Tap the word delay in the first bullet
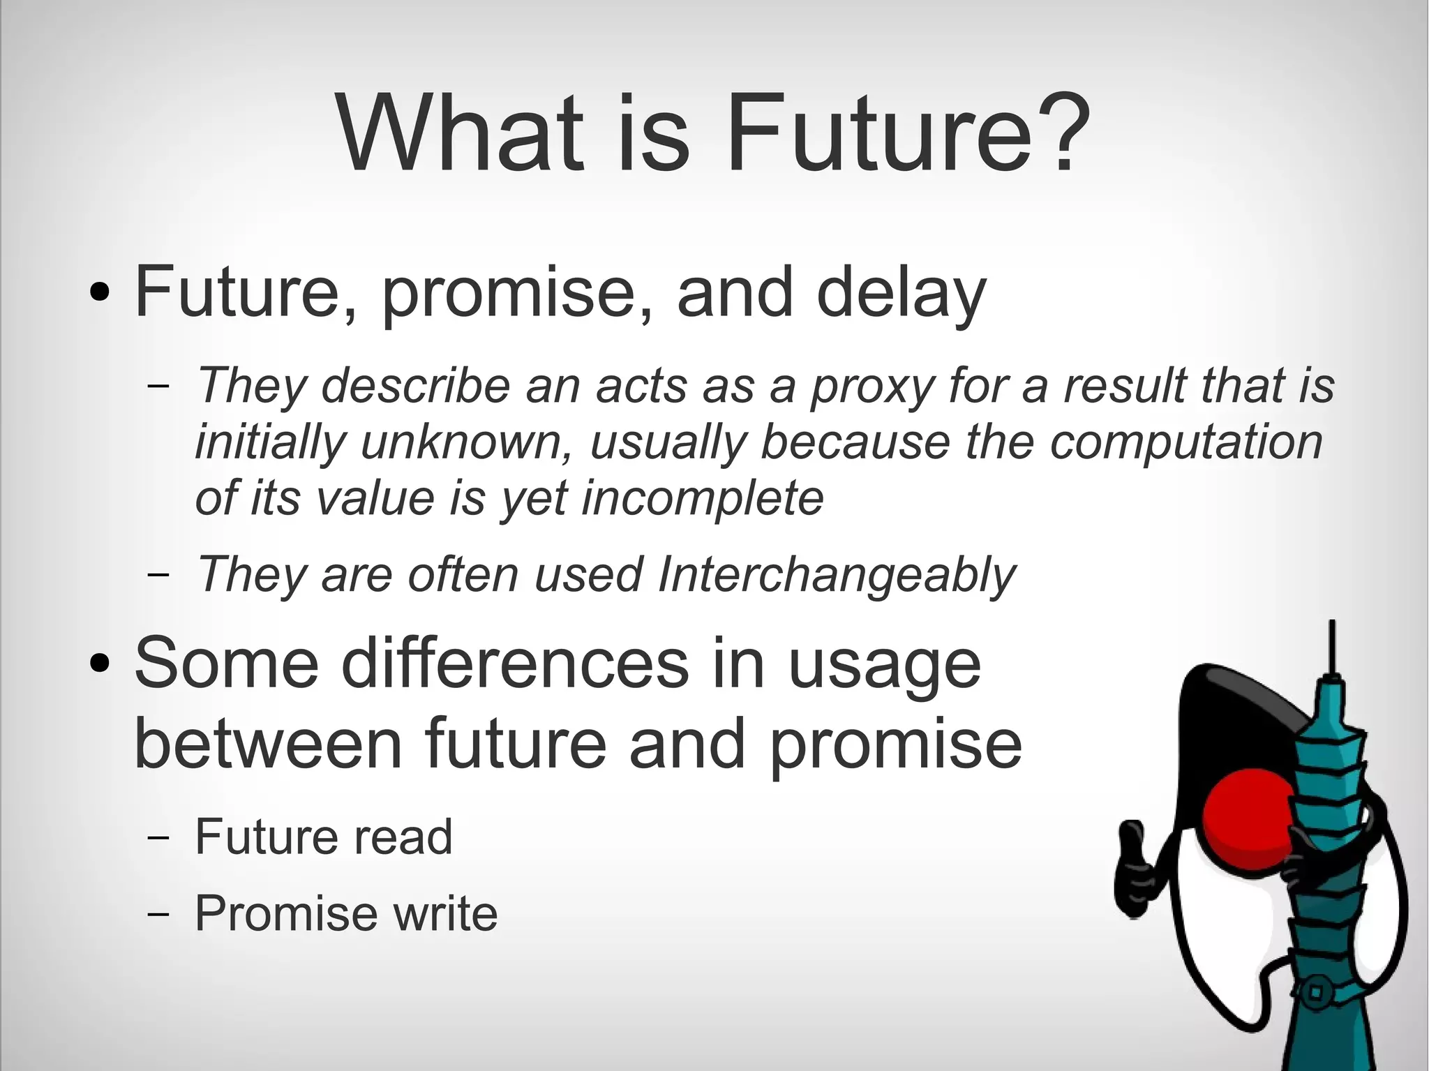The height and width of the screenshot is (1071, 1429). (901, 293)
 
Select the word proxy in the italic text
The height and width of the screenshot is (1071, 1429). (871, 386)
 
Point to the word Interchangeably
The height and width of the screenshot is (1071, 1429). (836, 575)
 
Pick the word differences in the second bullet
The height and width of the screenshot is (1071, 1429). (515, 664)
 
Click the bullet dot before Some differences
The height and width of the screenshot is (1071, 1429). (100, 664)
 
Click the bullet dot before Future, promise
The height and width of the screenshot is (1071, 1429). (100, 293)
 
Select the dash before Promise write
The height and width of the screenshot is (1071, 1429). (159, 913)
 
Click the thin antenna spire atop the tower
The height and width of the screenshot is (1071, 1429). (1332, 645)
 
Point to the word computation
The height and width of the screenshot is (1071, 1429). (1186, 442)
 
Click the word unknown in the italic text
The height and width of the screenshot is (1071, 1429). (465, 442)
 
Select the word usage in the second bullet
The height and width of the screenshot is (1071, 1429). (884, 664)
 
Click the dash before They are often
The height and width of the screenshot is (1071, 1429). (159, 575)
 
